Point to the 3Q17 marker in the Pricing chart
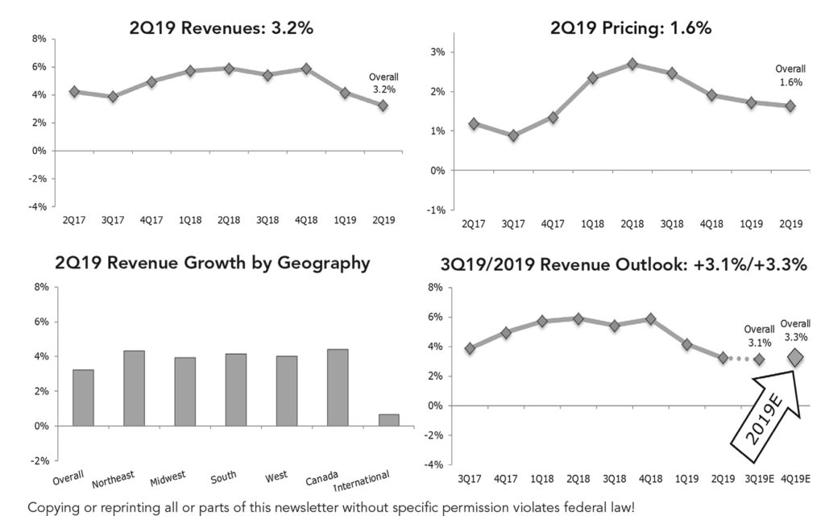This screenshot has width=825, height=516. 513,135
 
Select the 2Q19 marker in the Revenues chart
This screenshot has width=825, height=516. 383,106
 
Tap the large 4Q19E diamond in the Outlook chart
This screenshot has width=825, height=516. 796,357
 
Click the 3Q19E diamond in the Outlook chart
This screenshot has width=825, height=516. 759,359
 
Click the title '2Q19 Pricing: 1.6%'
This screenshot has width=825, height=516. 631,28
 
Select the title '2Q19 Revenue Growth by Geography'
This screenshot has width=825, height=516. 213,263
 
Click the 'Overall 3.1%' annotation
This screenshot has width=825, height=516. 759,335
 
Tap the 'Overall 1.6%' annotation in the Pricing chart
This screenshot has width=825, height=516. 790,76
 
